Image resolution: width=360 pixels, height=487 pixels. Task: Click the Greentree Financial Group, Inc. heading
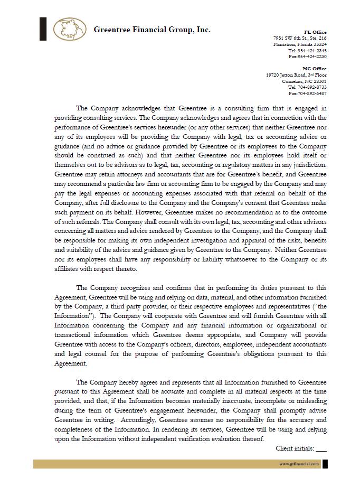[x=152, y=30]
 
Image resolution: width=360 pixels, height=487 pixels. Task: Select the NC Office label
[x=315, y=69]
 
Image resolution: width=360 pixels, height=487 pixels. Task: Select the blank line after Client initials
[x=321, y=449]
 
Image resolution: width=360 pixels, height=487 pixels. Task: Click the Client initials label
[x=295, y=448]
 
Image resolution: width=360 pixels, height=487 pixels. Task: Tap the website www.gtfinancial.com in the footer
[x=299, y=464]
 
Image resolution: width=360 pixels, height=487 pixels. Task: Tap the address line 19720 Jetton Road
[x=296, y=76]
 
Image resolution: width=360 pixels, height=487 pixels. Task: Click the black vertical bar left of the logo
[x=43, y=29]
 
